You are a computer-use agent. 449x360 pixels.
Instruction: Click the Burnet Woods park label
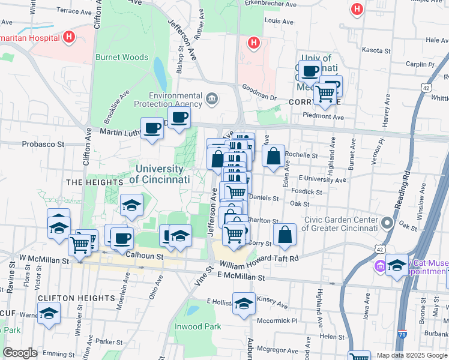(122, 58)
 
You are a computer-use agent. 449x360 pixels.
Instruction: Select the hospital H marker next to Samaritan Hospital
(70, 37)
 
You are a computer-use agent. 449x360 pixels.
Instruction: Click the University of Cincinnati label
(160, 174)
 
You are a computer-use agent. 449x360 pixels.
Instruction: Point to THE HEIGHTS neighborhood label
(90, 182)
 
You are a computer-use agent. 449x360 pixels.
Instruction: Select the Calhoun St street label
(145, 256)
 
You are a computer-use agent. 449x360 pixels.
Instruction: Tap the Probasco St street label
(43, 144)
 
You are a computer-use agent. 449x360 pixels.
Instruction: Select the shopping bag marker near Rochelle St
(273, 157)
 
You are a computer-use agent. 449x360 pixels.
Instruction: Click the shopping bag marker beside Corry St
(285, 235)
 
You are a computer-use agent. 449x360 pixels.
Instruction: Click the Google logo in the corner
(20, 353)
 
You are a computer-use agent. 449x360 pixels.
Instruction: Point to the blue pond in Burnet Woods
(160, 74)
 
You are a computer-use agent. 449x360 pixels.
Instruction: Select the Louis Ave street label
(279, 21)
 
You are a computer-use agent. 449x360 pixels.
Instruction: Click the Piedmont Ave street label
(324, 117)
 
